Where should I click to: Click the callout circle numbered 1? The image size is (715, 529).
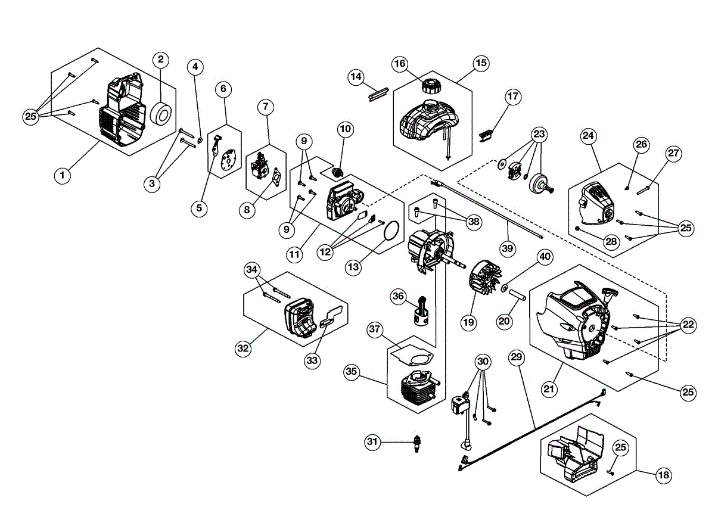coord(62,176)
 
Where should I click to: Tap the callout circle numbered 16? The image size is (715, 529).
coord(400,64)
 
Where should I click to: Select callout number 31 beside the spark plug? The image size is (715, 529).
coord(373,441)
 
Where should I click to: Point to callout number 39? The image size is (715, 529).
coord(507,248)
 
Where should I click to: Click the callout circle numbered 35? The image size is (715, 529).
coord(352,371)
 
